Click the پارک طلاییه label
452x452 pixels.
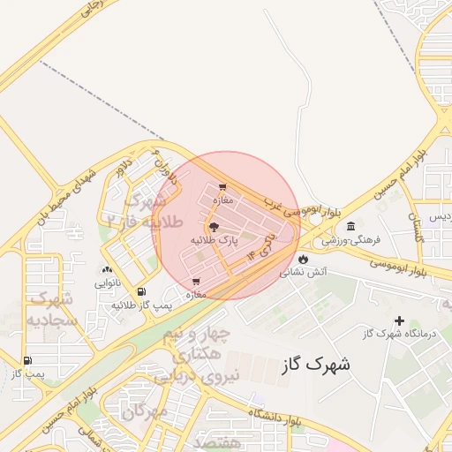click(215, 240)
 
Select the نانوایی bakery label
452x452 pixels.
click(108, 284)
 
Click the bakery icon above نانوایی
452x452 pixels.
click(108, 270)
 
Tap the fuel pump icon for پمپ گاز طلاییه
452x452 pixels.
click(141, 291)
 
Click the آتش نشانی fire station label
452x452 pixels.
click(304, 273)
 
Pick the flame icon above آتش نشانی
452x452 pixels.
click(304, 260)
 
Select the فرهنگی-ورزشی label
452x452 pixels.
click(350, 239)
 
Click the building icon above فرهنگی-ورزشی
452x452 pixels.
click(351, 226)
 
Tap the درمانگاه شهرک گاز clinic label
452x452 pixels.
click(399, 333)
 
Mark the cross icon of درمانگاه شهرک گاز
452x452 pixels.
click(399, 320)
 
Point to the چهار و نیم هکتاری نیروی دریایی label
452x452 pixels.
click(198, 355)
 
